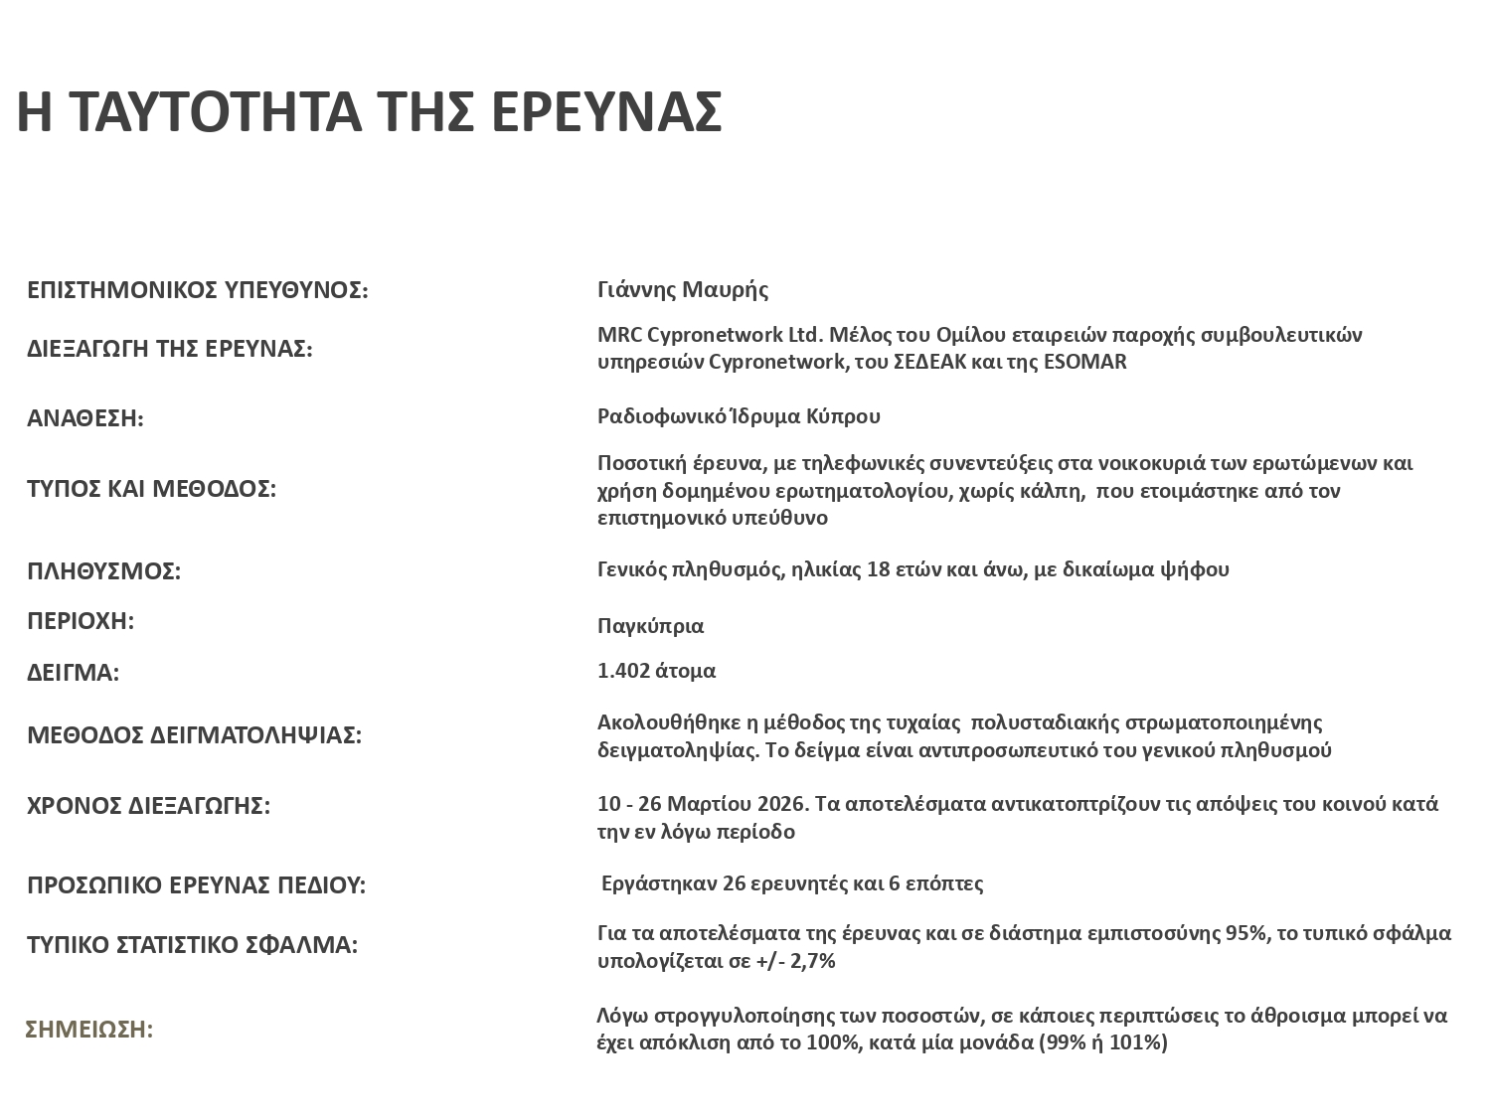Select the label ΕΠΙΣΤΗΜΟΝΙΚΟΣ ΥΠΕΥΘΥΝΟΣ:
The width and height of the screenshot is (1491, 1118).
(x=197, y=290)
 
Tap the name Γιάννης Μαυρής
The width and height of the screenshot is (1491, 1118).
(x=683, y=289)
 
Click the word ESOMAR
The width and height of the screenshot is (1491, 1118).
(x=1085, y=362)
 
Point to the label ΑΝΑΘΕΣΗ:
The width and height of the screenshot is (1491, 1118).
(x=85, y=418)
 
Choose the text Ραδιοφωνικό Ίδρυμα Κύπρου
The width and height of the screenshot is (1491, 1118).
(x=739, y=415)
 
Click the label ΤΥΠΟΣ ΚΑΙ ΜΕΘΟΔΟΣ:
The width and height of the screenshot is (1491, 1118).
(x=151, y=489)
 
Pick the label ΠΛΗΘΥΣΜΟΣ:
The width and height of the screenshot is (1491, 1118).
(x=103, y=571)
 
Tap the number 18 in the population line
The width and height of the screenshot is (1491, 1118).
(x=879, y=569)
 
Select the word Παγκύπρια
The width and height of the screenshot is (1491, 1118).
(x=650, y=626)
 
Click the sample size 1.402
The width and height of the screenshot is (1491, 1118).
(x=618, y=671)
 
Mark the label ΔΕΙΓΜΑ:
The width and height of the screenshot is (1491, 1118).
(x=73, y=673)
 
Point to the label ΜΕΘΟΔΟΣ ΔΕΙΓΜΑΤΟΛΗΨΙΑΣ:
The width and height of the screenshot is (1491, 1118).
(x=194, y=735)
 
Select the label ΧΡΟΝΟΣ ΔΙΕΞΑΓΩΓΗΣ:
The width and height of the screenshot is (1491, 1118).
(x=148, y=805)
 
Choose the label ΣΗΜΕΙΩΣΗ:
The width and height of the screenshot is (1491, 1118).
(x=89, y=1030)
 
